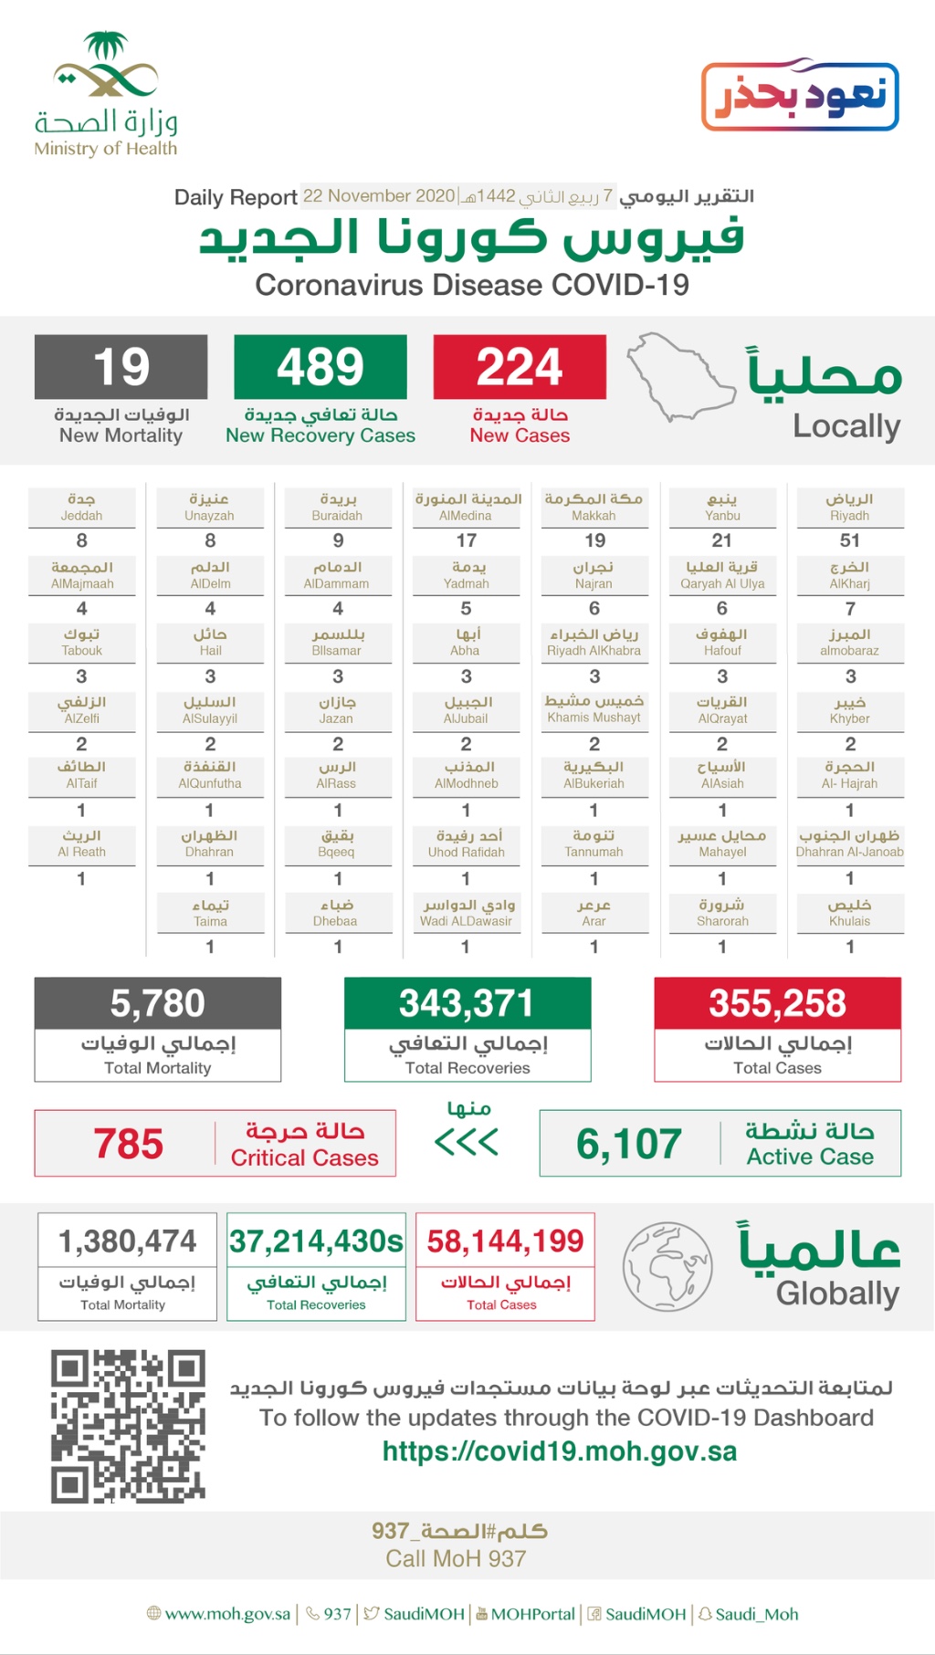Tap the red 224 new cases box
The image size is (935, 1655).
click(520, 367)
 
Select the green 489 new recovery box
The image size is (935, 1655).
click(320, 367)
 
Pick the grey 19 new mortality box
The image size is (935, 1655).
click(121, 367)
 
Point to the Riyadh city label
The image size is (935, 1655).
click(849, 507)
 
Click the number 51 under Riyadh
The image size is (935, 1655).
click(850, 540)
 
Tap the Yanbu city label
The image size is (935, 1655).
click(722, 507)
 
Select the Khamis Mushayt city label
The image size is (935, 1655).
click(594, 709)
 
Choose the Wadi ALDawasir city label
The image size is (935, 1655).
click(466, 913)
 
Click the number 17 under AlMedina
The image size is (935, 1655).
click(467, 540)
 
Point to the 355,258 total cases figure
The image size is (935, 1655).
click(777, 1003)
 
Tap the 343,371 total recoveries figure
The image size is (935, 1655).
click(467, 1003)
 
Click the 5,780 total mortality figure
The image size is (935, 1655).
click(157, 1003)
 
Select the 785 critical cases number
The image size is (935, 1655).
click(129, 1144)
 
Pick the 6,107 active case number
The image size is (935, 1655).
click(629, 1144)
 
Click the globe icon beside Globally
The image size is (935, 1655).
click(667, 1266)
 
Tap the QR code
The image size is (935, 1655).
click(128, 1426)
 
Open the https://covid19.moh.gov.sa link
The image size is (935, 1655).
click(559, 1451)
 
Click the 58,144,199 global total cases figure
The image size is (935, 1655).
click(505, 1241)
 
